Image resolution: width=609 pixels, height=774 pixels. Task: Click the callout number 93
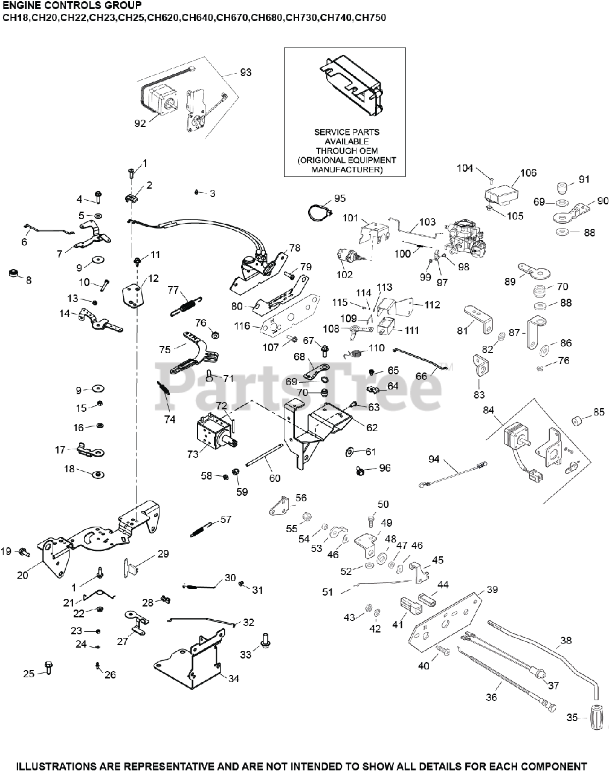point(246,73)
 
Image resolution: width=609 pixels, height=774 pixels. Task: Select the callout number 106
point(528,173)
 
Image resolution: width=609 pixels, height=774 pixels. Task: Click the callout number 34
point(234,678)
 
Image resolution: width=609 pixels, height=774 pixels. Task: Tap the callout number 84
point(489,411)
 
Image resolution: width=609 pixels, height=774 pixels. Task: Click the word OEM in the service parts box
point(369,151)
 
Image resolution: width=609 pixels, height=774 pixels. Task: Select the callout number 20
point(22,575)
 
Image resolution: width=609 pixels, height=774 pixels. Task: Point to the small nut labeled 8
point(11,273)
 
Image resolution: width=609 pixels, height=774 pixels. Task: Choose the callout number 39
point(492,590)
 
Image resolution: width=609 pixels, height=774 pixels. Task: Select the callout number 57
point(225,519)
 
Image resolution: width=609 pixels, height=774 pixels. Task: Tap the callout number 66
point(421,376)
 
